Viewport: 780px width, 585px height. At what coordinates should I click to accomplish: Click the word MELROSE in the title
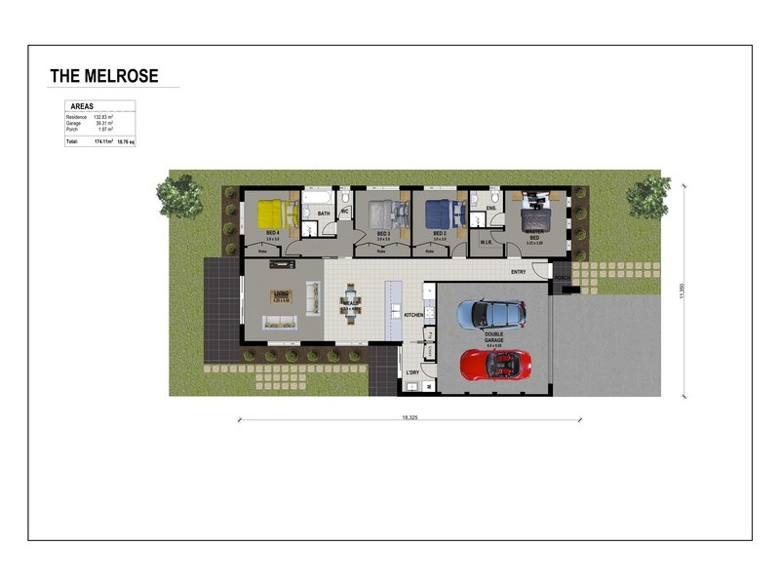click(x=121, y=76)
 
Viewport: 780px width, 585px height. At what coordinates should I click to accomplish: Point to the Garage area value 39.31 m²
click(x=103, y=123)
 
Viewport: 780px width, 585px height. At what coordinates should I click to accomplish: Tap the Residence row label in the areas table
click(x=76, y=117)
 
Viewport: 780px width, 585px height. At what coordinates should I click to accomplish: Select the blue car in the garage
click(x=492, y=313)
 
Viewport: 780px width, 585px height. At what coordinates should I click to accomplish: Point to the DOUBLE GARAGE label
click(x=494, y=338)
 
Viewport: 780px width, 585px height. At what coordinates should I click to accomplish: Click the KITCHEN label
click(x=413, y=315)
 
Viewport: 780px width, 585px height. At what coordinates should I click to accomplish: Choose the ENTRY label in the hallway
click(x=518, y=272)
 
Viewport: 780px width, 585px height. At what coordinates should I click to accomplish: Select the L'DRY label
click(x=412, y=372)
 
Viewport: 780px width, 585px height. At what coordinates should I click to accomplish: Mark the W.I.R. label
click(x=485, y=241)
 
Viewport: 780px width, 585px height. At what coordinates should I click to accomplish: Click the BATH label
click(x=324, y=213)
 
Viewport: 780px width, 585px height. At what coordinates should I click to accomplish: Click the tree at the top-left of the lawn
click(x=179, y=196)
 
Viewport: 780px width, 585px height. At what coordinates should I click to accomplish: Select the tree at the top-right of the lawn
click(x=647, y=196)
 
